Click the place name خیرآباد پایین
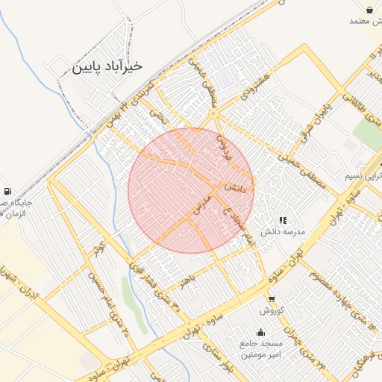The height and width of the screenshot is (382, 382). coord(107,66)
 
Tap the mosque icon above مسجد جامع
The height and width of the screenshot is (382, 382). coord(260,333)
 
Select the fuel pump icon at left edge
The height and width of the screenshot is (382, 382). coord(7,191)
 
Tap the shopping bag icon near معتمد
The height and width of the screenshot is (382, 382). coord(371,9)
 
